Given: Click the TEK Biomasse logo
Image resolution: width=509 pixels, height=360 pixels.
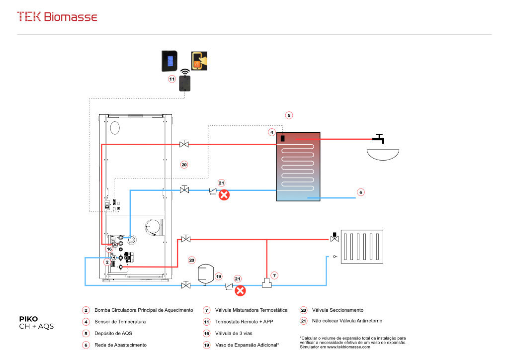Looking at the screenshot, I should (57, 17).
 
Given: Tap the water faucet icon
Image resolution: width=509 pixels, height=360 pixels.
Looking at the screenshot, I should (380, 138).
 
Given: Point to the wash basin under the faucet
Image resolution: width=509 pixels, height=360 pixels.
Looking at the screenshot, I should (383, 154).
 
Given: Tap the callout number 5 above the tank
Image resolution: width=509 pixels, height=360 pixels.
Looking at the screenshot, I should (289, 115).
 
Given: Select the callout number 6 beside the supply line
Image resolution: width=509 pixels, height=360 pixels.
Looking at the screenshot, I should (361, 192).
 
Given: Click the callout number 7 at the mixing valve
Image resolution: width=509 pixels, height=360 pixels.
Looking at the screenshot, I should (274, 275).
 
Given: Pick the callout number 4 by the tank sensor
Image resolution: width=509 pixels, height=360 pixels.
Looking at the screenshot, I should (272, 132).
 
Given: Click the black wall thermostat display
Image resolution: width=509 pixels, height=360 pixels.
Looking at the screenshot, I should (172, 61).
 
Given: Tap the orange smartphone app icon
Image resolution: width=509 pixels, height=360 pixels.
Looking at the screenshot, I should (199, 61).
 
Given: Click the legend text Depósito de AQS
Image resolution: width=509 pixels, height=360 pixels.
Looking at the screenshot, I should (113, 333).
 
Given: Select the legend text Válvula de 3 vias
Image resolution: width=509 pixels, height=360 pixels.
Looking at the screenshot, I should (234, 333).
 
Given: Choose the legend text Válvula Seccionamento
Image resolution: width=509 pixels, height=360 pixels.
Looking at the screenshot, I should (339, 310).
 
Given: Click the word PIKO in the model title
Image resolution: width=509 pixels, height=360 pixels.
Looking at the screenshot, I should (28, 319).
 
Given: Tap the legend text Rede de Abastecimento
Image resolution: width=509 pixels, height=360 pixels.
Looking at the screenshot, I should (120, 345).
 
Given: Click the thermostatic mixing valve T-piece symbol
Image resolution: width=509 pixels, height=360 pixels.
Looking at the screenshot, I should (267, 283).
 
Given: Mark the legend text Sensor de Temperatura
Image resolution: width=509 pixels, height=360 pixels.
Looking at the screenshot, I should (120, 322).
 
